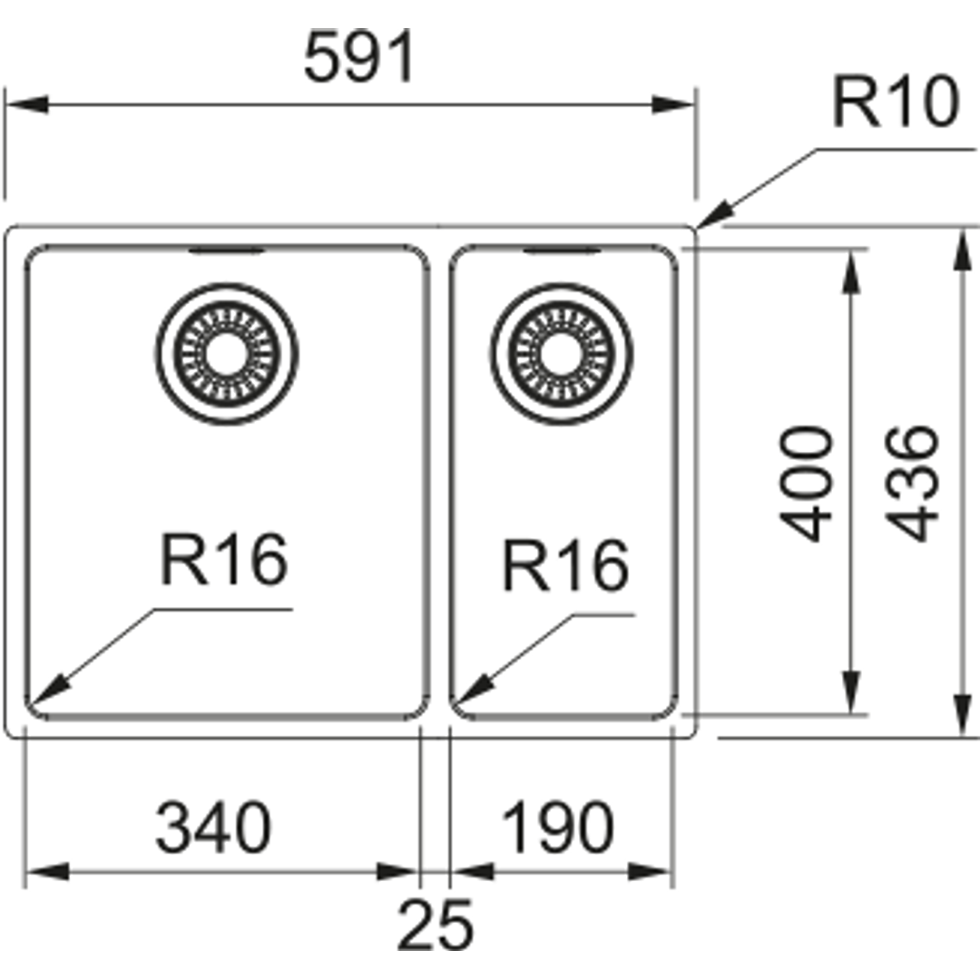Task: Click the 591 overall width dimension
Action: pos(358,57)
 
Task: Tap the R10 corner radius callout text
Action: pos(895,103)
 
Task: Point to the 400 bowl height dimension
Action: pos(807,483)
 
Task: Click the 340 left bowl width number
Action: pos(214,828)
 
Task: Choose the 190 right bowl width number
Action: pos(557,828)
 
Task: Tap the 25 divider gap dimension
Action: pos(435,925)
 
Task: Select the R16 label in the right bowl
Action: pos(566,565)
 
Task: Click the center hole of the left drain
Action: pos(227,354)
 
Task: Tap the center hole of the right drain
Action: pos(562,354)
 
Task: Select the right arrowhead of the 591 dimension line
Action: pos(673,104)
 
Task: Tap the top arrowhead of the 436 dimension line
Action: pos(961,250)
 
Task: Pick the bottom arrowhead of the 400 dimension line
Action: pos(850,691)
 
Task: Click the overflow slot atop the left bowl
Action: pos(227,250)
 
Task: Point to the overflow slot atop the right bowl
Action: pos(562,250)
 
